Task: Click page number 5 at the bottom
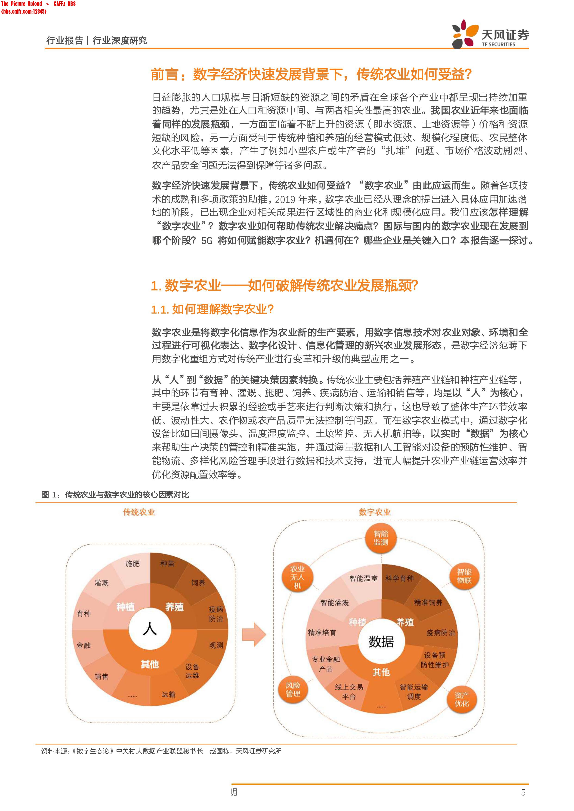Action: point(523,792)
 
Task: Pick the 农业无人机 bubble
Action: point(297,577)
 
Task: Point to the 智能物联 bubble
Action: point(464,576)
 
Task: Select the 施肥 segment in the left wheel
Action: point(133,564)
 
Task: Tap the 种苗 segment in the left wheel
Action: point(167,564)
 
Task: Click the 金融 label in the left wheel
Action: point(84,645)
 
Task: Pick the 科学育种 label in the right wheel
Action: point(399,578)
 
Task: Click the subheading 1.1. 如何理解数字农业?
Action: point(212,309)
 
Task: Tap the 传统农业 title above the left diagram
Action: point(139,512)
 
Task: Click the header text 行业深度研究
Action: point(120,41)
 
